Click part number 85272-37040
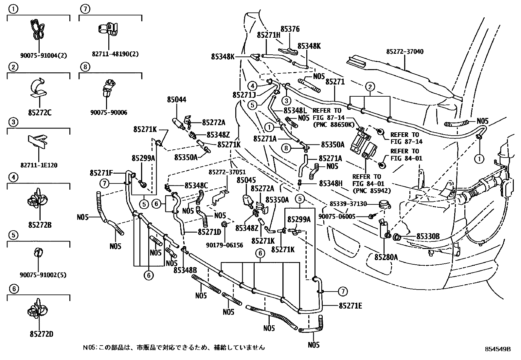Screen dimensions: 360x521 pyautogui.click(x=404, y=52)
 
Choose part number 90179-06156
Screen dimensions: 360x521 pyautogui.click(x=225, y=245)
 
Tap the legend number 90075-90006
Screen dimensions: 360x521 pyautogui.click(x=109, y=113)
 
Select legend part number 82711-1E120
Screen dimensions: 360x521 pyautogui.click(x=39, y=165)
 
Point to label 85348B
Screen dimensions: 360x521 pyautogui.click(x=185, y=270)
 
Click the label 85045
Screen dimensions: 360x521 pyautogui.click(x=246, y=180)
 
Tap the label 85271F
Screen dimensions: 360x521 pyautogui.click(x=101, y=173)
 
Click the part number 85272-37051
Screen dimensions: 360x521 pyautogui.click(x=227, y=172)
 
